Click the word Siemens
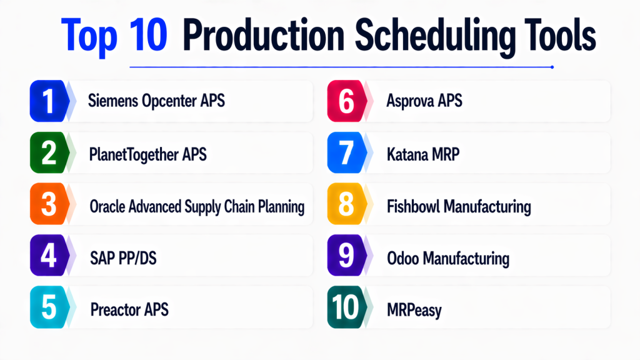[112, 101]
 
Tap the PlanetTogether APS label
[147, 155]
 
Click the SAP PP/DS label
[123, 258]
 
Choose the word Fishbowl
[412, 206]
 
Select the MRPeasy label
[414, 311]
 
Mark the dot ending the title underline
[552, 67]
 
